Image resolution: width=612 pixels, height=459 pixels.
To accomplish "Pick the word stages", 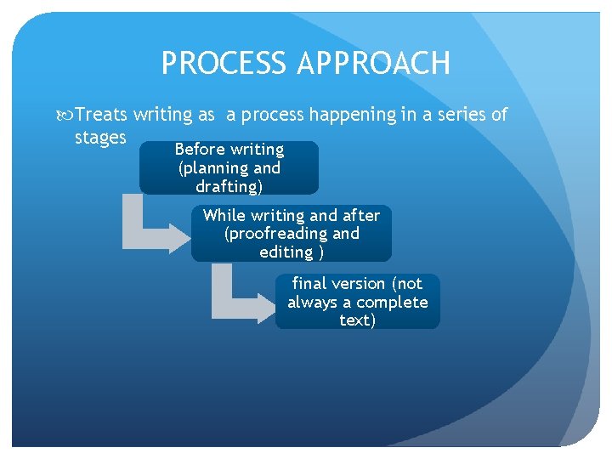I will click(x=100, y=137).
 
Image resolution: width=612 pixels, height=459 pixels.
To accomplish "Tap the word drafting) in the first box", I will click(x=229, y=187).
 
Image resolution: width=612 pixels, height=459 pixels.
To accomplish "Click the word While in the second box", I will click(x=224, y=215).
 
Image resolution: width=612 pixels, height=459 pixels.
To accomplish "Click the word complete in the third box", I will click(x=392, y=302).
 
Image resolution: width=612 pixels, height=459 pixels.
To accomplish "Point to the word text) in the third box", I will click(x=357, y=320).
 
